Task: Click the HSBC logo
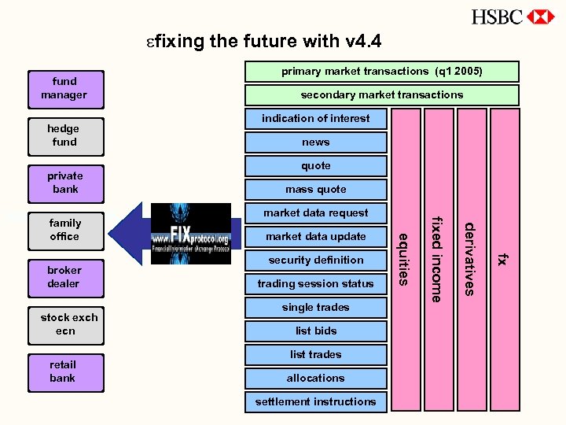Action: (513, 17)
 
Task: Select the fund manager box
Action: (64, 88)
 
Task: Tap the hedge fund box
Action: (64, 135)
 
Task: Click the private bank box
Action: (64, 183)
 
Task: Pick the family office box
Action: (64, 230)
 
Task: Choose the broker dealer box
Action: (64, 277)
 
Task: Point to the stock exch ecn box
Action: (66, 324)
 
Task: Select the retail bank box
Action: (64, 371)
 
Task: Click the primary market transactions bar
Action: (381, 72)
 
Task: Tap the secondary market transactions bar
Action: (381, 95)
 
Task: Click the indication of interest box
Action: (315, 119)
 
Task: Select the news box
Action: (315, 142)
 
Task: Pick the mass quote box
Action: (315, 190)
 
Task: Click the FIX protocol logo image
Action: (191, 234)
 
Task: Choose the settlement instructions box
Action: (315, 402)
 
